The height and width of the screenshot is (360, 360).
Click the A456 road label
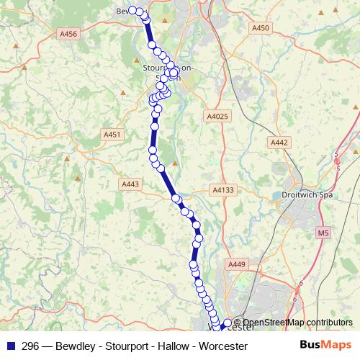pos(69,33)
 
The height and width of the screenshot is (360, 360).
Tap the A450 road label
pos(261,28)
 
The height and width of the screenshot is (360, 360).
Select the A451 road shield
pos(112,134)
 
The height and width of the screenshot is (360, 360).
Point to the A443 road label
pos(130,184)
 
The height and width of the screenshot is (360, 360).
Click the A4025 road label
pos(217,116)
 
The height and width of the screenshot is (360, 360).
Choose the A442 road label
pos(280,143)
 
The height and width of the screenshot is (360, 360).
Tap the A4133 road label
pos(223,189)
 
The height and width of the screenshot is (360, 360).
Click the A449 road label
pos(238,265)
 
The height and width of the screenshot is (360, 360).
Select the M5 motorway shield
pos(322,233)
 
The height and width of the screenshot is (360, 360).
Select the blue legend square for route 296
pos(9,346)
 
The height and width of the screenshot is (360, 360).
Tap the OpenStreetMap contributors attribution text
pos(297,323)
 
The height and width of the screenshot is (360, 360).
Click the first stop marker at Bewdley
pos(132,11)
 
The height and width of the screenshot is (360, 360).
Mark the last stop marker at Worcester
pos(228,323)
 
